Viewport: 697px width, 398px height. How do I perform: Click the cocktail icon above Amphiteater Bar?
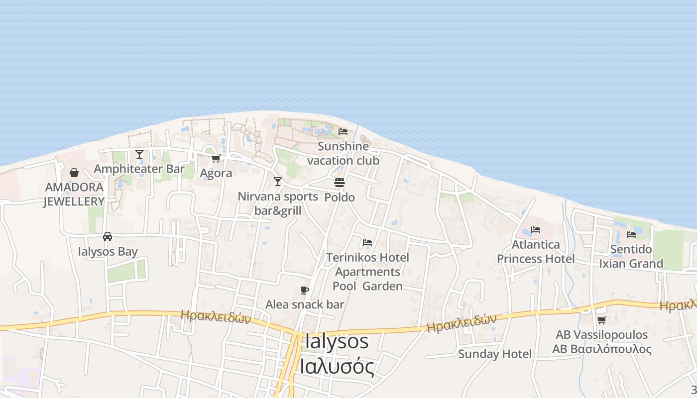[x=139, y=154]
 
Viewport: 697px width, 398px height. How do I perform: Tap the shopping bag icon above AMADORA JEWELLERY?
[x=74, y=173]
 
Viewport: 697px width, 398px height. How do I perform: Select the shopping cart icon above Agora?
[x=216, y=158]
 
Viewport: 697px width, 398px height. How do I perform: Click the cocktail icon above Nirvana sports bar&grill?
[x=278, y=182]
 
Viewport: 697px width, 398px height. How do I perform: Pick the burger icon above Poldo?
[x=340, y=183]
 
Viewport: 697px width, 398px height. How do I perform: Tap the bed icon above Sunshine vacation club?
[x=343, y=132]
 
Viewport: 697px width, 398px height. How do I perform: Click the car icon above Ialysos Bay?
[x=108, y=237]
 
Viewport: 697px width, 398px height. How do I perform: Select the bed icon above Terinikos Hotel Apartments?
[x=367, y=243]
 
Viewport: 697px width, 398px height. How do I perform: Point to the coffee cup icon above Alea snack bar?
[x=305, y=290]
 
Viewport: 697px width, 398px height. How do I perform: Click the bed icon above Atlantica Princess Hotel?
[x=536, y=230]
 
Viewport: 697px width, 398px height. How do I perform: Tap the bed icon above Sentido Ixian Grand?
[x=631, y=235]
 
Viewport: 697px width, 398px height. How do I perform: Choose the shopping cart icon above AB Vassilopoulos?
[x=601, y=320]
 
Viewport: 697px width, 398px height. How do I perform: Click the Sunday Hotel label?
[x=495, y=354]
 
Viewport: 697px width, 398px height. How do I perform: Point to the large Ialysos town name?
[x=337, y=342]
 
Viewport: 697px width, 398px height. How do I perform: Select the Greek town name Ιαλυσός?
[x=337, y=367]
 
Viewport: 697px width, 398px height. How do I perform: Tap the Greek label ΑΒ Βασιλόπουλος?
[x=601, y=349]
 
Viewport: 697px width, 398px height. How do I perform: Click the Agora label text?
[x=216, y=173]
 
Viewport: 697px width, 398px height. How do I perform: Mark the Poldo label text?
[x=340, y=198]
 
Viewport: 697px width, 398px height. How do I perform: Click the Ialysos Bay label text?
[x=108, y=252]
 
